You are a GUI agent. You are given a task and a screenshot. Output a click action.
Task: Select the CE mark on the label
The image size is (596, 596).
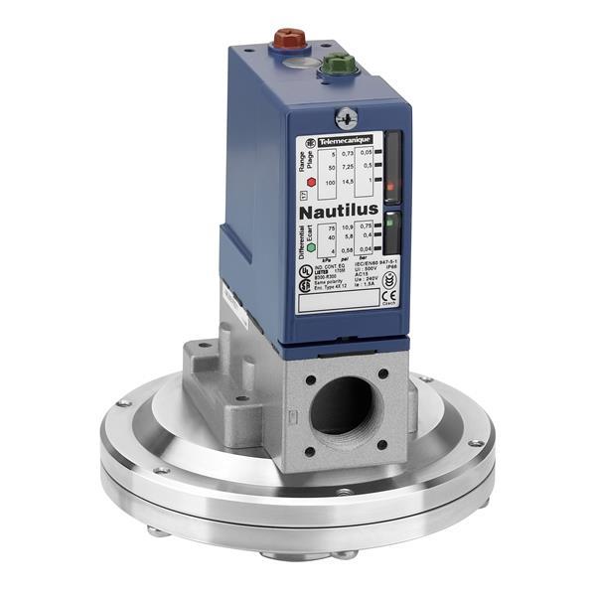[x=388, y=294]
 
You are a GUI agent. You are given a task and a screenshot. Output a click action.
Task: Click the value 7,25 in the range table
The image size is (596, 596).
[x=349, y=168]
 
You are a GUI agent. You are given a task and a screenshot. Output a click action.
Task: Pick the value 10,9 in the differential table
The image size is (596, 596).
[x=349, y=228]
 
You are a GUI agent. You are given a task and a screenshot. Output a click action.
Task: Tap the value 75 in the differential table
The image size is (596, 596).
[x=329, y=228]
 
